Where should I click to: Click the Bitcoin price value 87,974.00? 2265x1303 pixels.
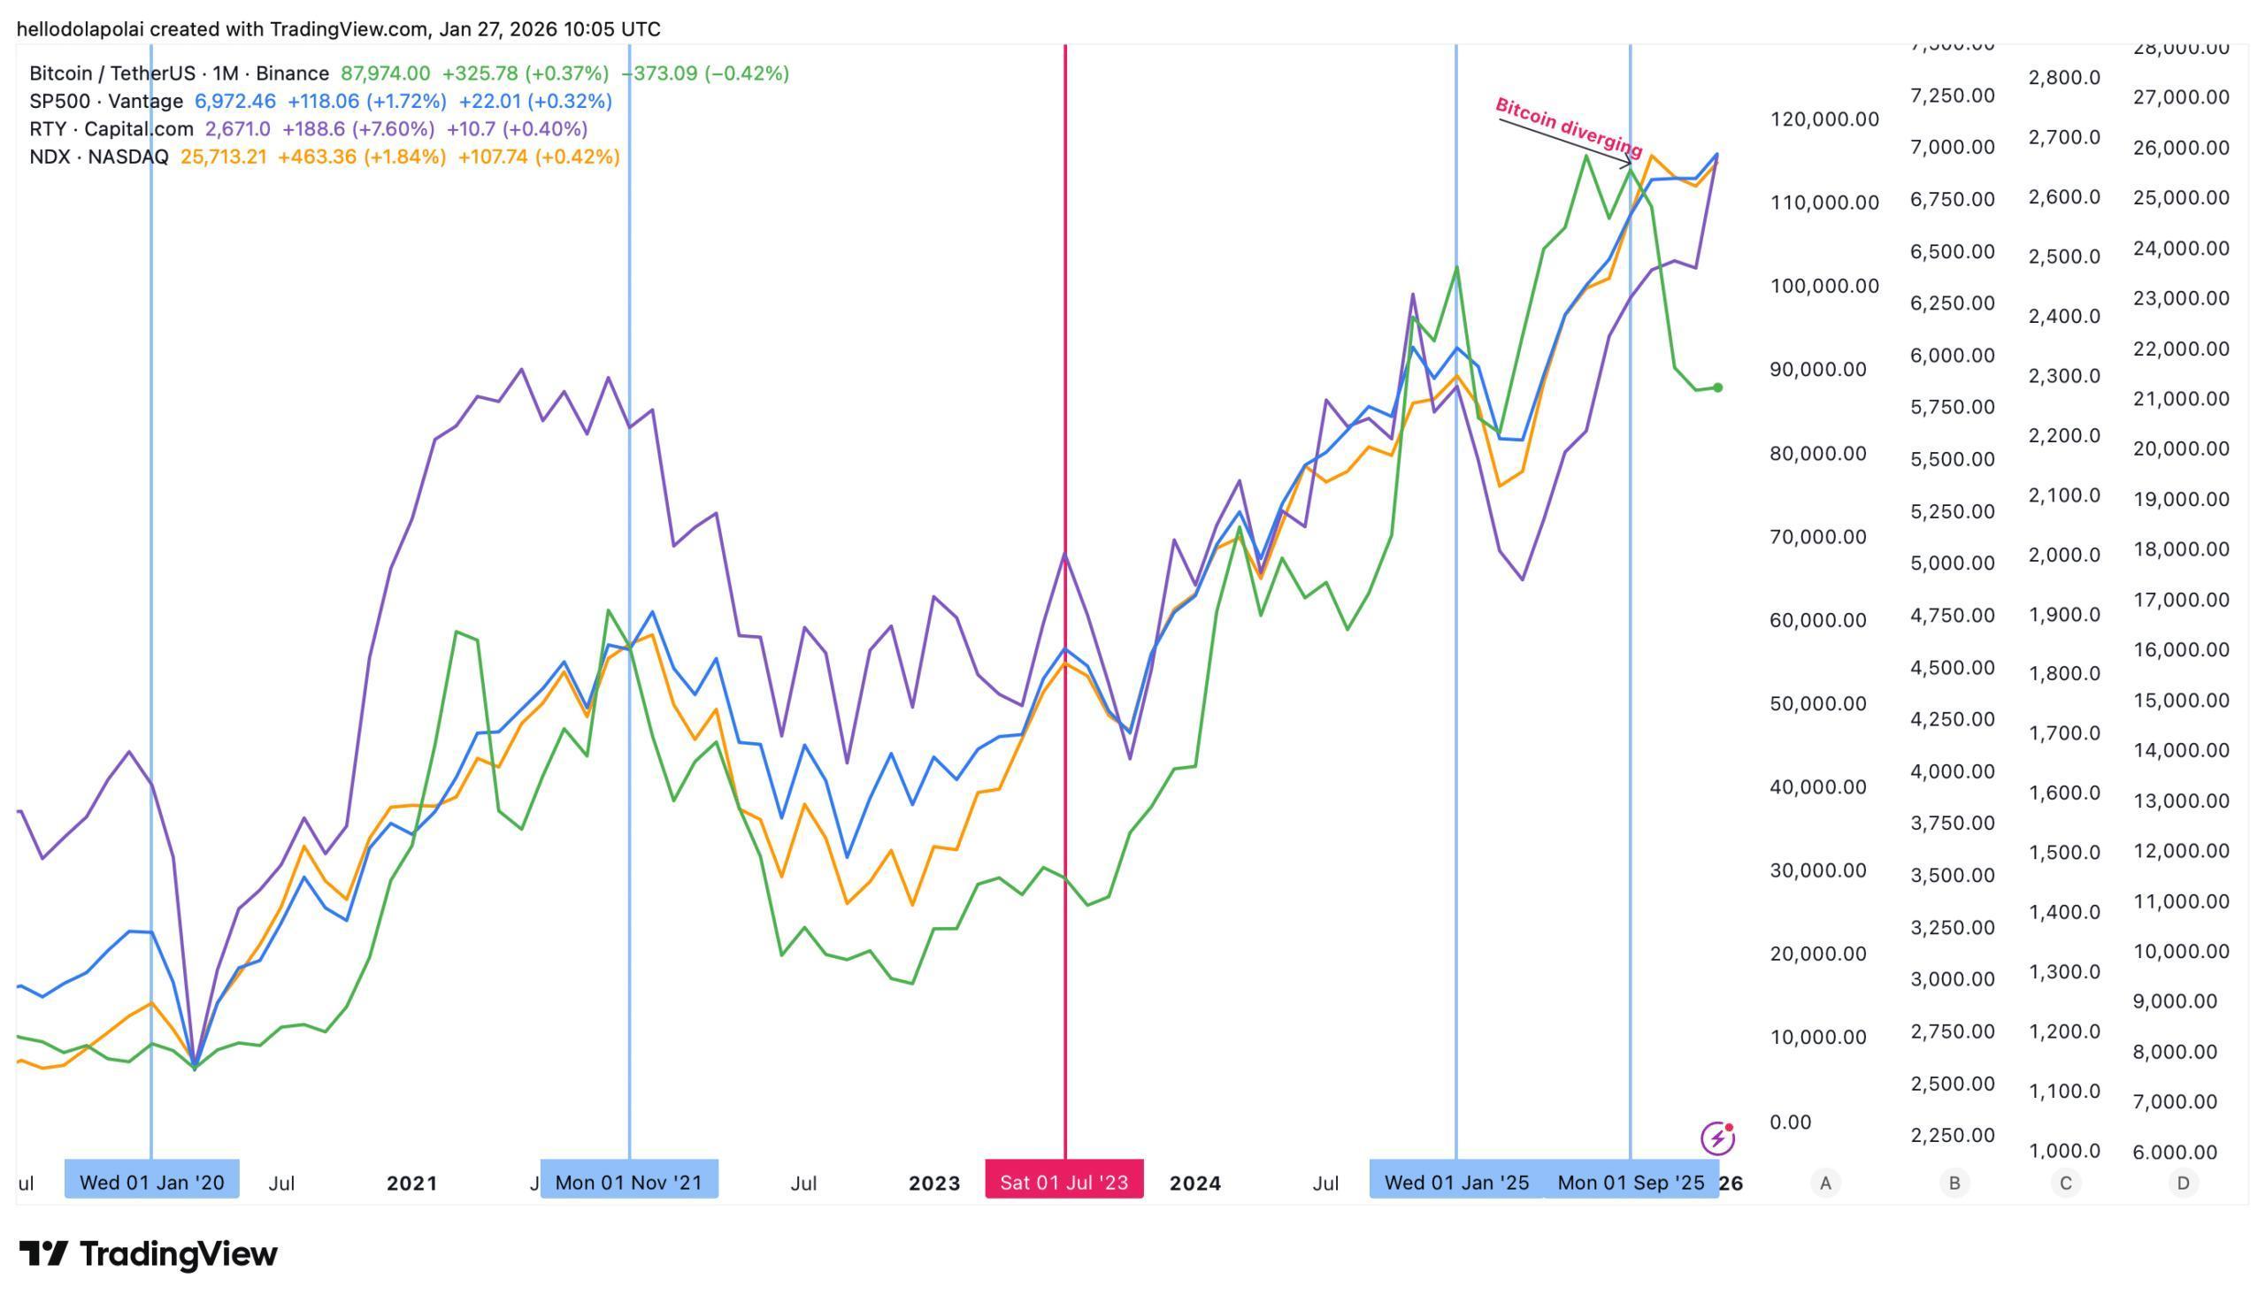pos(385,73)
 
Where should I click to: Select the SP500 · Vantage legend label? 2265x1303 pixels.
pos(105,101)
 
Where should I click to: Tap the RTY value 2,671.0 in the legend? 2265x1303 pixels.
pos(237,129)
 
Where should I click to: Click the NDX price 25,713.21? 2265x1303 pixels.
pos(223,157)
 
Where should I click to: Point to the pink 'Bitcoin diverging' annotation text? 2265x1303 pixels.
pos(1568,127)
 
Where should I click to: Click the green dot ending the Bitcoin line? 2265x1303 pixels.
pos(1717,387)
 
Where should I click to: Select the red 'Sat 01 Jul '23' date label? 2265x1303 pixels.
pos(1064,1182)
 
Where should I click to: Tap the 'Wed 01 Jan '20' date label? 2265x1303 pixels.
pos(151,1182)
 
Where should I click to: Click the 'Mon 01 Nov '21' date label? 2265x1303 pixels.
pos(628,1182)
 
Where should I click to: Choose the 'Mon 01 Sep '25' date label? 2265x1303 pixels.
pos(1631,1182)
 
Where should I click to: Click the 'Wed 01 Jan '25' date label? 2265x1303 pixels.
pos(1456,1182)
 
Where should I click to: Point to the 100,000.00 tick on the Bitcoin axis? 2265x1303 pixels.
pos(1824,287)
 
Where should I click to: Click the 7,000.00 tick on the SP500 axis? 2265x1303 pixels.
pos(1952,147)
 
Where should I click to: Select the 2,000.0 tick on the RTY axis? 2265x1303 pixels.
pos(2063,555)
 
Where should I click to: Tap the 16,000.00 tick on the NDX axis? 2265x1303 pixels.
pos(2180,649)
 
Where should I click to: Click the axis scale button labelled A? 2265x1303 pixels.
pos(1824,1183)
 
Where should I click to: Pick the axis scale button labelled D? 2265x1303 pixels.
pos(2183,1183)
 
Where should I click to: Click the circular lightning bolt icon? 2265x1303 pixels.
pos(1716,1138)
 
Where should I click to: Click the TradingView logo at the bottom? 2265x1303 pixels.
pos(149,1253)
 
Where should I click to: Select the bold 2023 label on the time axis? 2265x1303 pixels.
pos(934,1183)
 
